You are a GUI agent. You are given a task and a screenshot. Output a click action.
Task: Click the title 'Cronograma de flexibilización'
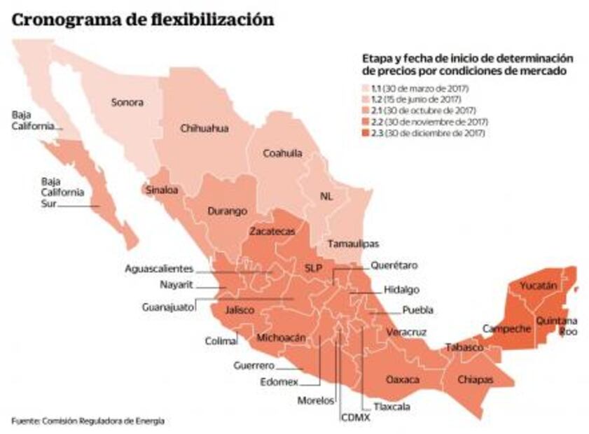142,20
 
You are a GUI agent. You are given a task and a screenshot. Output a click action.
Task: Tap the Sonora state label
127,102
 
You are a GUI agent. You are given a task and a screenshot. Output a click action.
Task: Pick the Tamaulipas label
352,244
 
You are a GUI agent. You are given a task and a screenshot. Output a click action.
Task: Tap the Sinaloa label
160,189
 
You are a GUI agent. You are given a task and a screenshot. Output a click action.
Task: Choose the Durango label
227,211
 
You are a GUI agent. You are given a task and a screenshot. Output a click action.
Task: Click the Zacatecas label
272,230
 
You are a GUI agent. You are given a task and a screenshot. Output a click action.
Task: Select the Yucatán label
538,286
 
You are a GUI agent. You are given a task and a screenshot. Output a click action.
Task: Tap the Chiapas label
475,379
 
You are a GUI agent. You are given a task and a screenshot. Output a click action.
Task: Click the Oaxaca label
403,379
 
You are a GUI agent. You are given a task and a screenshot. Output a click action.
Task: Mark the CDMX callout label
356,417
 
